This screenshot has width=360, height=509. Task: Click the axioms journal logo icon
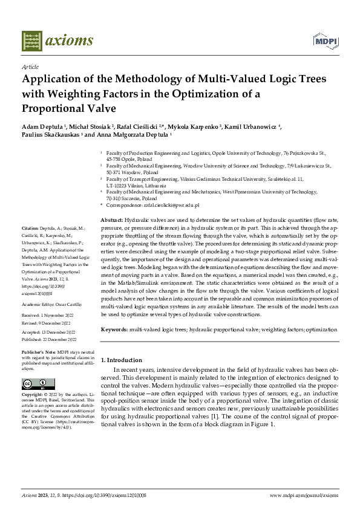coord(32,41)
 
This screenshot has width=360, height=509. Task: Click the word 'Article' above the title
coord(30,67)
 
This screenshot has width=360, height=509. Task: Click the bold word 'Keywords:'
coord(114,329)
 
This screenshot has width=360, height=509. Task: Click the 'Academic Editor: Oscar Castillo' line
coord(48,305)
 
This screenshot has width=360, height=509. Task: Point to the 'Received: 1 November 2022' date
coord(46,316)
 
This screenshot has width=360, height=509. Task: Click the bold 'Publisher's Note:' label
coord(38,351)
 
